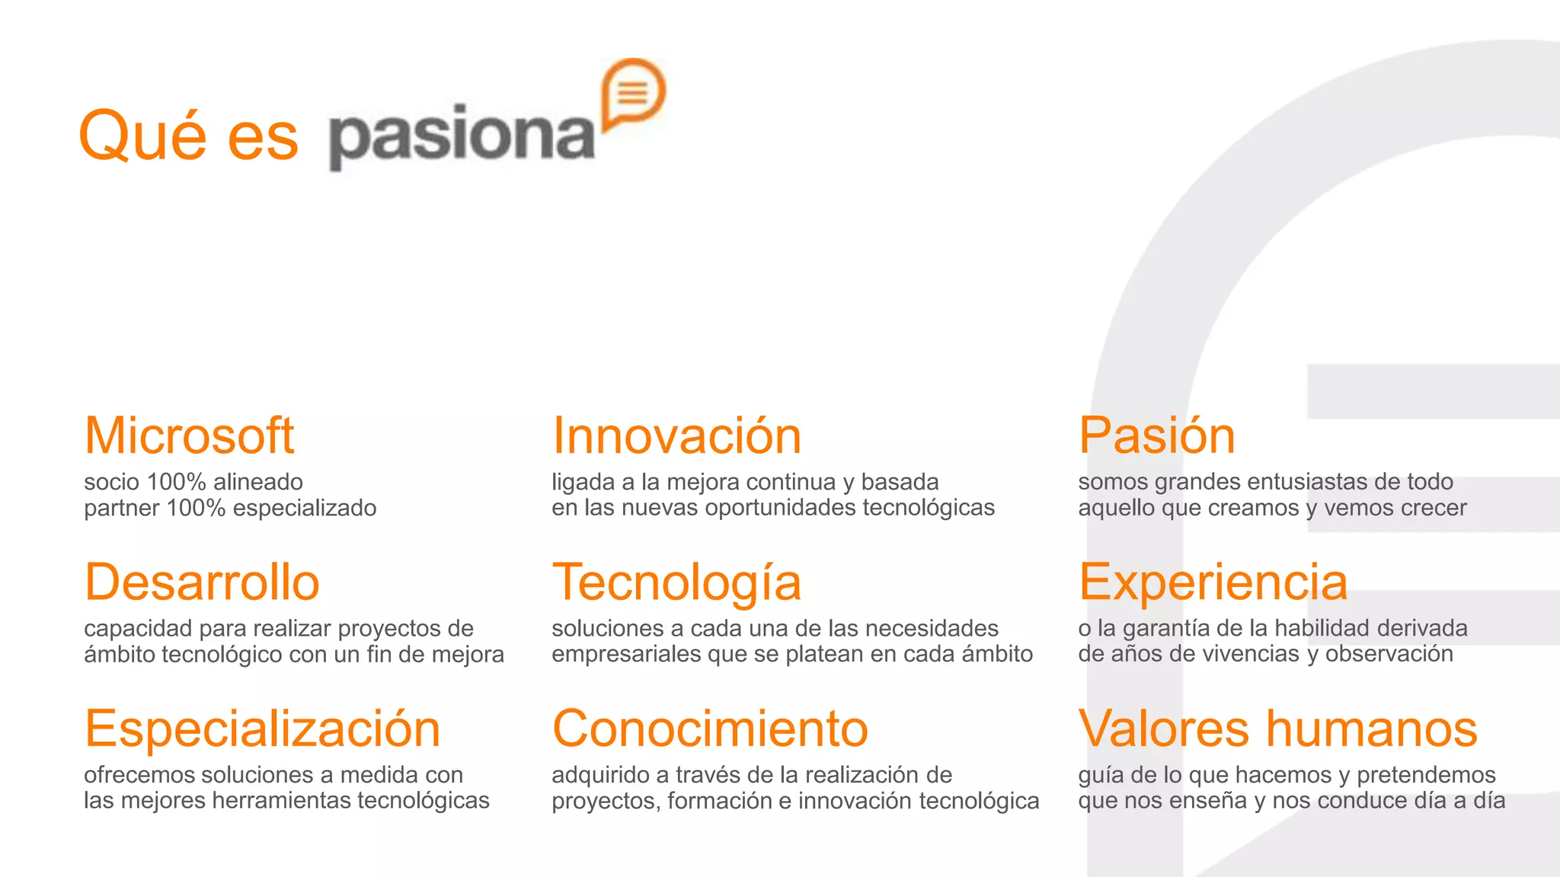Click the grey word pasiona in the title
(462, 136)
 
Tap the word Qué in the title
(142, 136)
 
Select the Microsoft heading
(189, 436)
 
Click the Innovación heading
(676, 436)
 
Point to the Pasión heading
(1156, 436)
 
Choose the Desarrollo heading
(202, 582)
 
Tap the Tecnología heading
(676, 582)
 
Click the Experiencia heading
(1213, 582)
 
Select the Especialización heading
(262, 729)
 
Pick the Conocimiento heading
(710, 729)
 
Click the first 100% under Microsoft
(176, 482)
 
